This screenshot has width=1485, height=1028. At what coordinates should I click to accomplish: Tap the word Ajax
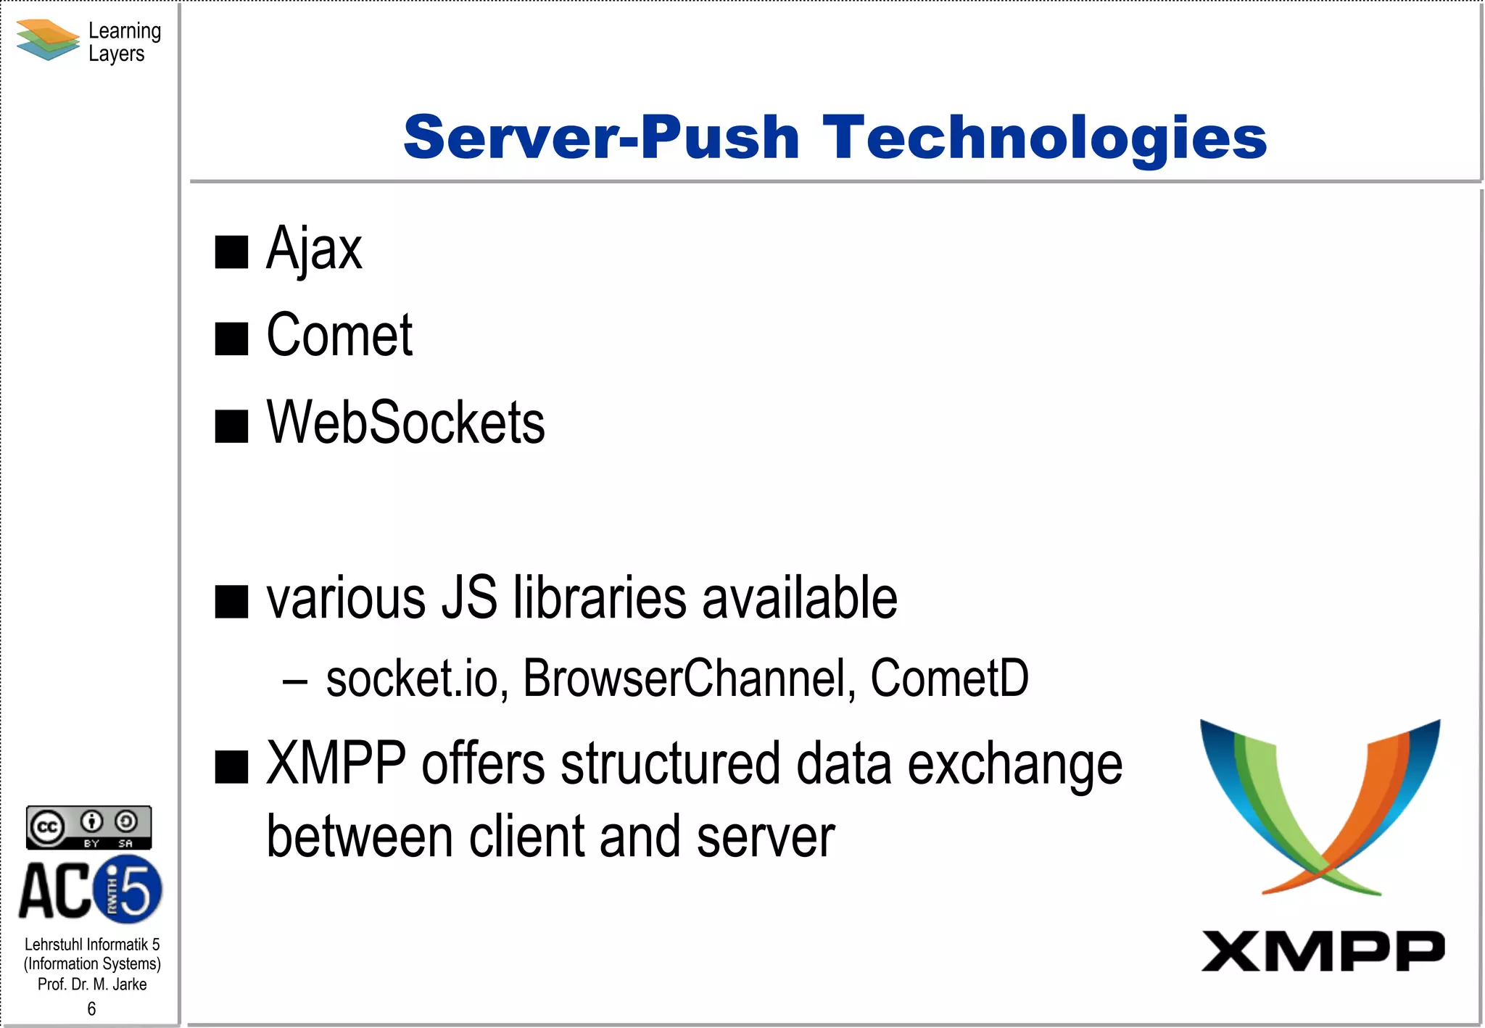pyautogui.click(x=313, y=249)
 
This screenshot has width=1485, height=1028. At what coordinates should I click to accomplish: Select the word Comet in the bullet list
pyautogui.click(x=339, y=336)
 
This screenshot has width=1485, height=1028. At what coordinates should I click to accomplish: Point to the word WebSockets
pyautogui.click(x=405, y=423)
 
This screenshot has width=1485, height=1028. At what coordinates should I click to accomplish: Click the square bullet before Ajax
pyautogui.click(x=232, y=252)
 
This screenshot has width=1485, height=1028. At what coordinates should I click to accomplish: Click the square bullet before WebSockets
pyautogui.click(x=232, y=426)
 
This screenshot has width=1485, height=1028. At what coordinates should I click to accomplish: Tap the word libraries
pyautogui.click(x=599, y=598)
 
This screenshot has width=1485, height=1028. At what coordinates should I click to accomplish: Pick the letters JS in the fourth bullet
pyautogui.click(x=470, y=598)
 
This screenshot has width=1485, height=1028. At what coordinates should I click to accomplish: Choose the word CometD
pyautogui.click(x=949, y=679)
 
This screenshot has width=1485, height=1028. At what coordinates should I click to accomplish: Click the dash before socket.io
pyautogui.click(x=295, y=682)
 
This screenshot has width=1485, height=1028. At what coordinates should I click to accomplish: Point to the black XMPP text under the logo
pyautogui.click(x=1323, y=951)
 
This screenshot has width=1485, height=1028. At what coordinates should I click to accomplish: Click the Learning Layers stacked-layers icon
pyautogui.click(x=47, y=40)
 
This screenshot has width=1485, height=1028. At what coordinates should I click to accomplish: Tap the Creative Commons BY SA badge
pyautogui.click(x=88, y=827)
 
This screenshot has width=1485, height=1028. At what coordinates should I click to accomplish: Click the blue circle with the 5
pyautogui.click(x=128, y=889)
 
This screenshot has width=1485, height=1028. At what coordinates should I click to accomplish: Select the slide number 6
pyautogui.click(x=91, y=1008)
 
